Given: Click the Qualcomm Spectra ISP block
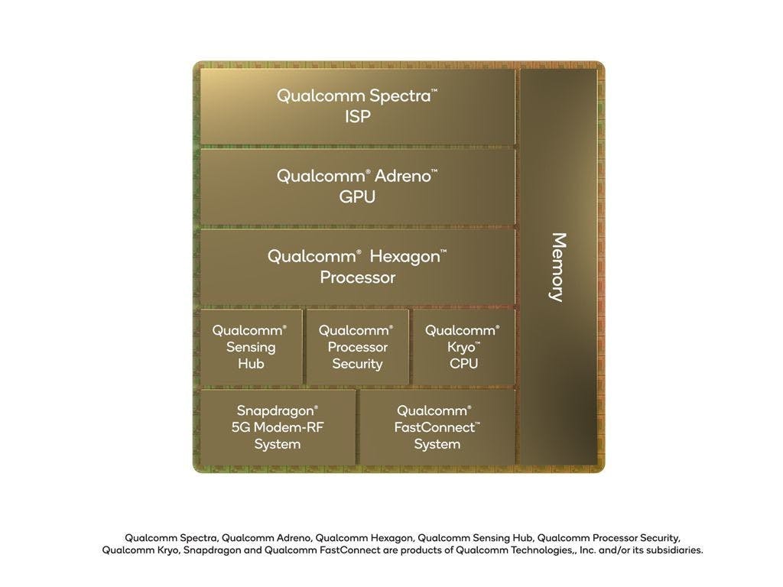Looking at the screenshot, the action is click(358, 106).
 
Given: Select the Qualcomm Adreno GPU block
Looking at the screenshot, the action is click(358, 186).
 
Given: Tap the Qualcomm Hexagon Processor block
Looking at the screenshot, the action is click(358, 267).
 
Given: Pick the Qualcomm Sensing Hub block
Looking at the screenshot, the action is click(251, 347).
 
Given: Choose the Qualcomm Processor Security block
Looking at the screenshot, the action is click(358, 347).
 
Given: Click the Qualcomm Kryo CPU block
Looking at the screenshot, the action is click(464, 347).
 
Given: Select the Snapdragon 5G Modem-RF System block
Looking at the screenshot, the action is click(278, 427).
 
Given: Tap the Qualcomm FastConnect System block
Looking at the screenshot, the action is click(437, 427).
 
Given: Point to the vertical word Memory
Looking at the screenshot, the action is click(558, 267).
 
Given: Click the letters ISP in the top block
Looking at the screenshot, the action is click(358, 117).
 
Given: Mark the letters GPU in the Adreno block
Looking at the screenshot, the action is click(357, 197).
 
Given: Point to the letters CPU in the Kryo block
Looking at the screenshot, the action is click(464, 363).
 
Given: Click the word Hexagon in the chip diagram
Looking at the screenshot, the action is click(405, 257).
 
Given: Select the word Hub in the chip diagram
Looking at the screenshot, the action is click(251, 363).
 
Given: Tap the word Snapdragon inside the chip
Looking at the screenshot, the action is click(275, 411).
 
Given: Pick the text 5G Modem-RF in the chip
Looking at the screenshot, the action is click(278, 427).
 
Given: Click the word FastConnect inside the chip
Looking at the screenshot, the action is click(434, 427).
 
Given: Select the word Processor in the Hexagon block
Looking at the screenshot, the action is click(358, 277).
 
